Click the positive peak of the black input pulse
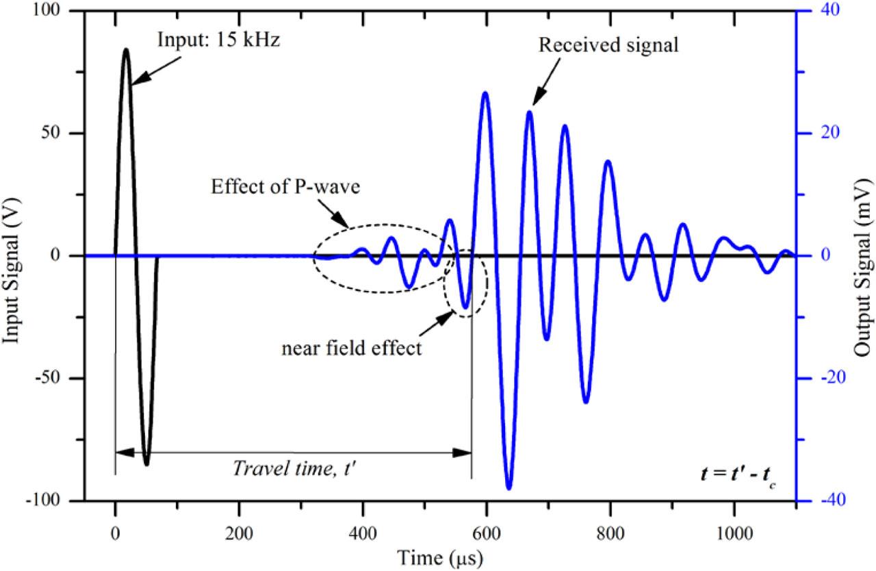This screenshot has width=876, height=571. pos(126,49)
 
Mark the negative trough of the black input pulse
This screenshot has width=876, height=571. pos(146,464)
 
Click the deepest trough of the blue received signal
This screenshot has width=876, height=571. pos(508,488)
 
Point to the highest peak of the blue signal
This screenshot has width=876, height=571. pos(485,92)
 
